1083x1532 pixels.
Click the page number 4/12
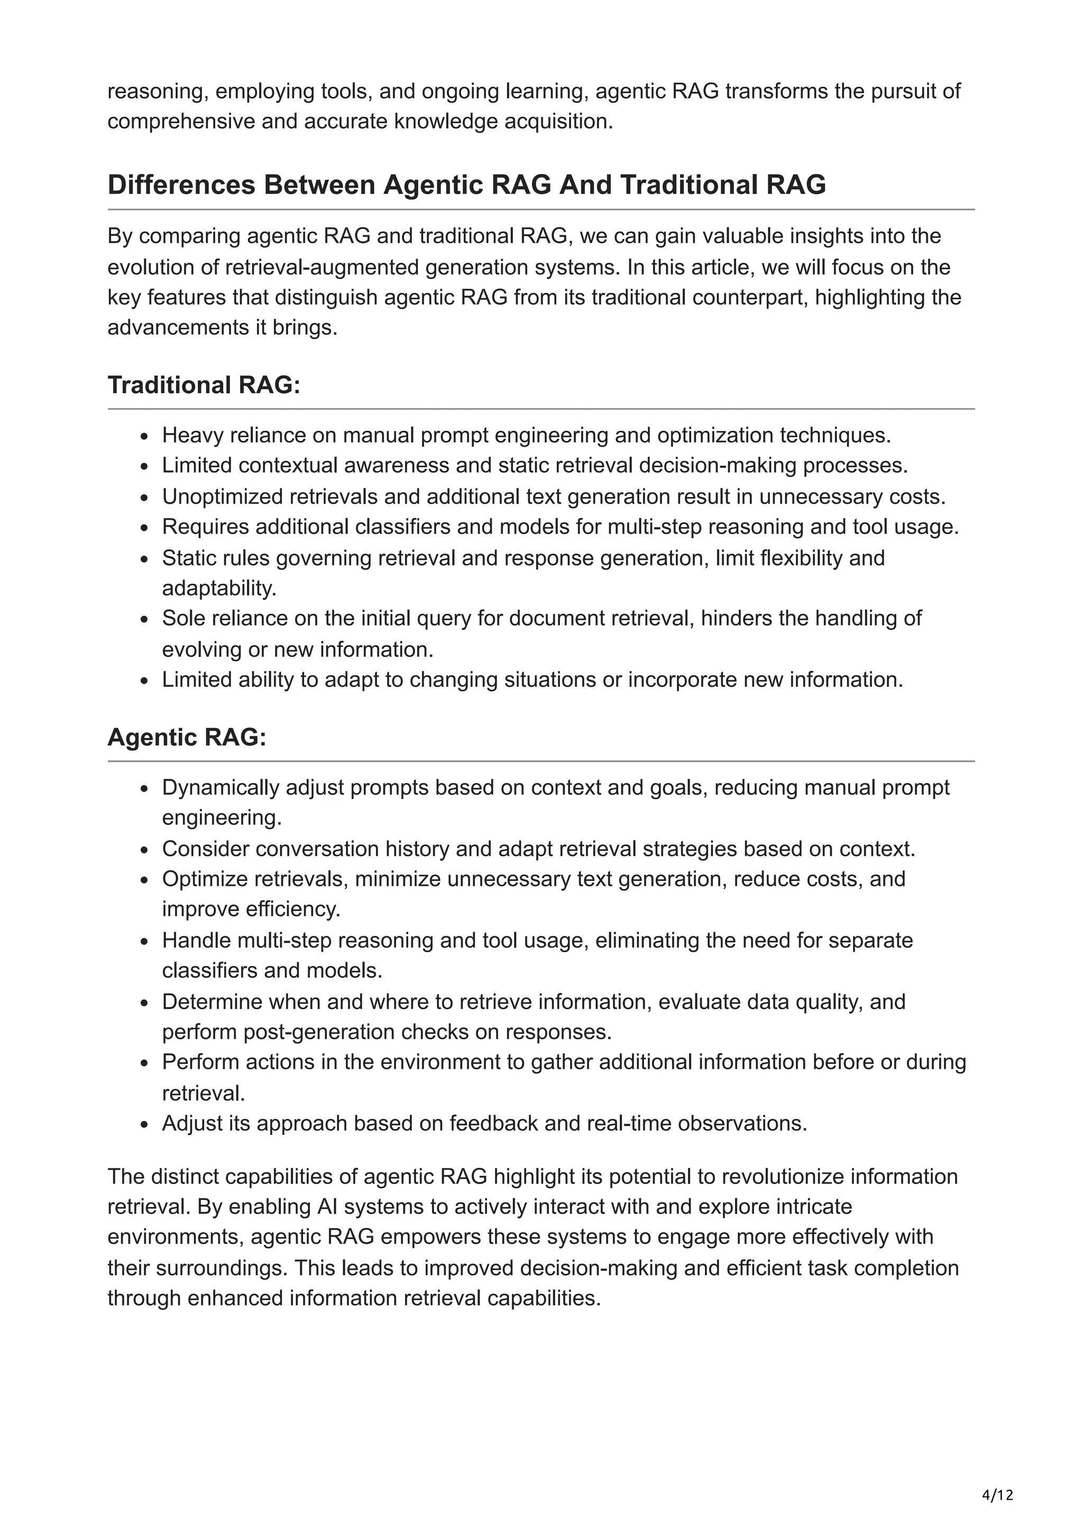point(997,1494)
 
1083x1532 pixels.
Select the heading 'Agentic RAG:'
point(187,737)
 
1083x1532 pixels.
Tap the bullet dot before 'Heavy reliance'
point(144,437)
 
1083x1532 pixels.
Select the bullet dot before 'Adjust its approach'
point(144,1125)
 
